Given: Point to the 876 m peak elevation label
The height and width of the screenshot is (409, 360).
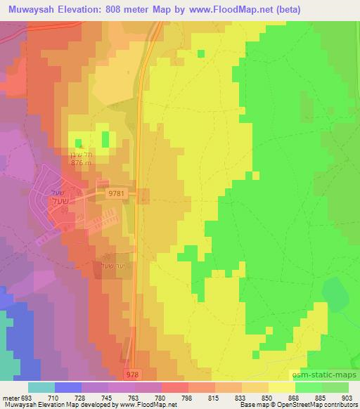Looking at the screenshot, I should point(82,162).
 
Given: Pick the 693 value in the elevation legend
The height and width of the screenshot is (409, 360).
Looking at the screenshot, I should point(28,397).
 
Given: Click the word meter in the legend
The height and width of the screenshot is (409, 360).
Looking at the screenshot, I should point(10,397).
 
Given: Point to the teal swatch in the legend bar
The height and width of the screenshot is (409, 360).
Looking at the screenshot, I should point(41,387).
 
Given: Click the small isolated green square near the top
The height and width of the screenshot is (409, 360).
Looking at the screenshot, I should point(201,53).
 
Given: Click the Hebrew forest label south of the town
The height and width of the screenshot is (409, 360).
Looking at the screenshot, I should point(113,266).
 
